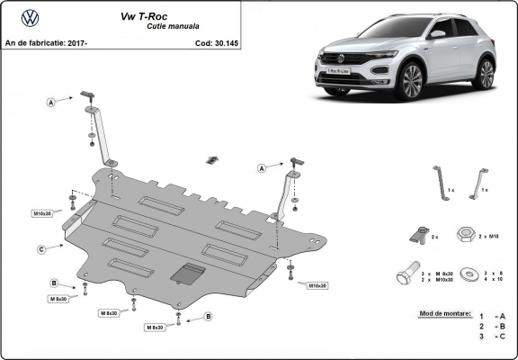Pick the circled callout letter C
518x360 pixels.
coord(42,249)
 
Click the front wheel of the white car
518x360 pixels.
coord(411,83)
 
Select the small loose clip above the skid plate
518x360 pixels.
coord(211,160)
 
